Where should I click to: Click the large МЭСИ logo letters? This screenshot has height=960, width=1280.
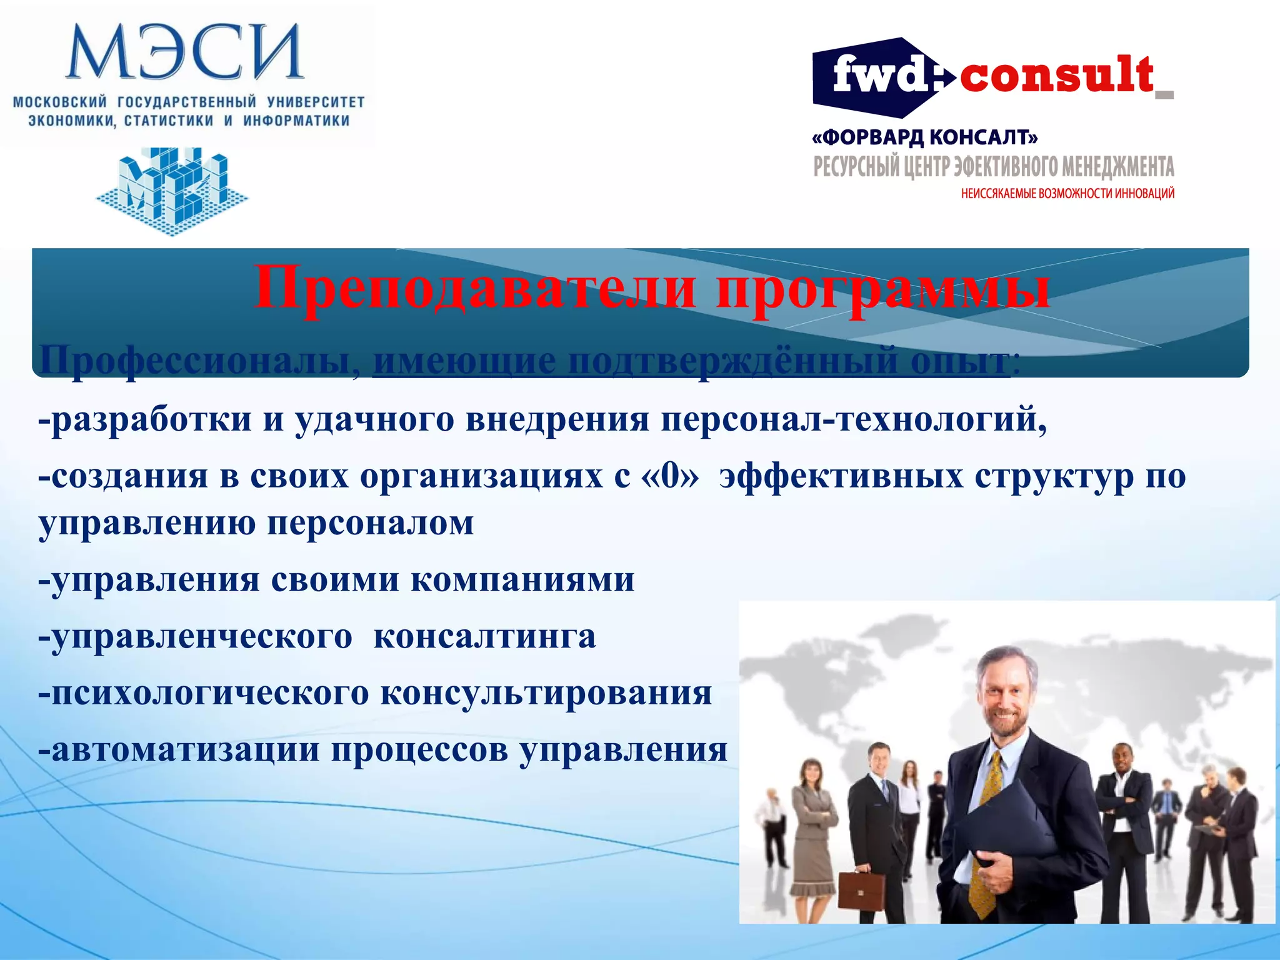click(x=184, y=51)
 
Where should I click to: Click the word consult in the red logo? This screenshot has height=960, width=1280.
click(x=1056, y=75)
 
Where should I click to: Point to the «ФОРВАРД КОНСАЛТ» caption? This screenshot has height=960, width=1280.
click(x=925, y=137)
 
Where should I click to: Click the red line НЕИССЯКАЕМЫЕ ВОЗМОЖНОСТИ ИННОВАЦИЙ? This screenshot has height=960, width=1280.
click(x=1067, y=194)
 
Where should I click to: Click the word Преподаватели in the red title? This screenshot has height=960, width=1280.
click(x=475, y=287)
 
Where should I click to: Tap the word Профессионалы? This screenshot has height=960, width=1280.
click(x=194, y=361)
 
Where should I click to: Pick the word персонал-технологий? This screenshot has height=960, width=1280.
click(x=854, y=419)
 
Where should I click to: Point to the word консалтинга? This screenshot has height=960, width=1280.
click(x=484, y=637)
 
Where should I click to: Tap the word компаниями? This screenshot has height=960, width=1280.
click(x=522, y=580)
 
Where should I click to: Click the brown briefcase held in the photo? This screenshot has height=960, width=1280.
click(x=861, y=891)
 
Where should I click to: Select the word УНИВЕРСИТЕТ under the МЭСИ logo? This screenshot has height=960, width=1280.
click(x=316, y=102)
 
